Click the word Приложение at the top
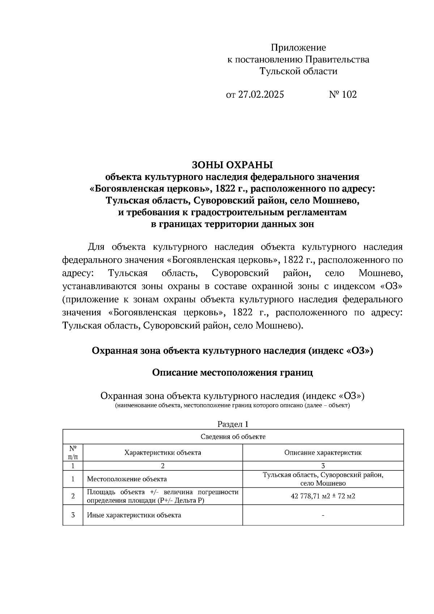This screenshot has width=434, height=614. [x=298, y=48]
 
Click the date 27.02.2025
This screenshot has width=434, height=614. [x=261, y=95]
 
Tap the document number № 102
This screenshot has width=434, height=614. [x=342, y=95]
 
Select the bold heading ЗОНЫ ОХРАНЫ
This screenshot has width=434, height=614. [x=232, y=165]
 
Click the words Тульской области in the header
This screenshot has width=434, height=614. [x=298, y=71]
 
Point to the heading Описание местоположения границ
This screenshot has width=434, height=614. [x=232, y=373]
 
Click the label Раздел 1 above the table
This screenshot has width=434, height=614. [x=233, y=424]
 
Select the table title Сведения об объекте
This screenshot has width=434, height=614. [x=233, y=437]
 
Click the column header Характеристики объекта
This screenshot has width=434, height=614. [x=163, y=453]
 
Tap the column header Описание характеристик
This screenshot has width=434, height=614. [x=323, y=453]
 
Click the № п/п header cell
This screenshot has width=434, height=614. [x=73, y=453]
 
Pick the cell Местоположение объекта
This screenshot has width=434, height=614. [x=127, y=479]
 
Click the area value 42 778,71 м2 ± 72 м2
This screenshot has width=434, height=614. [x=323, y=496]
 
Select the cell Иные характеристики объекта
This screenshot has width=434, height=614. [x=134, y=515]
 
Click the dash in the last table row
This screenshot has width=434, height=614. [x=323, y=515]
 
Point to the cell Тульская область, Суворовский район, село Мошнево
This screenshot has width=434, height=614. [x=323, y=479]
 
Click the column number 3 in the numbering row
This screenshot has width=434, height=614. [x=323, y=466]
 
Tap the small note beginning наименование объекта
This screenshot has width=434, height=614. [x=232, y=406]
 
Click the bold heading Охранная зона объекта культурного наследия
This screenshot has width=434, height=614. [x=232, y=351]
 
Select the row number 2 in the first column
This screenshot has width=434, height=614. [x=73, y=496]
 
